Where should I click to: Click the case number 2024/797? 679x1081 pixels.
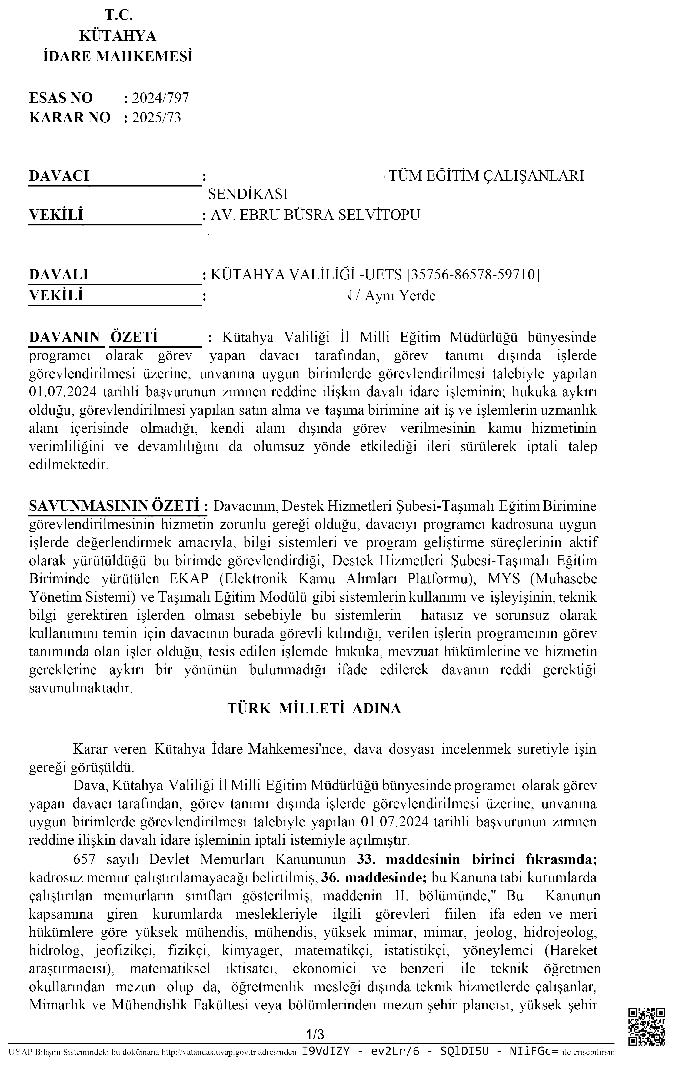click(x=160, y=98)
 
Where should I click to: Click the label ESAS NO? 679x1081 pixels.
click(x=61, y=98)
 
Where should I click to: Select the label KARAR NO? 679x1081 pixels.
click(x=70, y=118)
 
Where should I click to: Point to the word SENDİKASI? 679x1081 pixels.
click(x=248, y=194)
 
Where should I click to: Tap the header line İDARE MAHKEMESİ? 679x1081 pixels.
click(x=118, y=56)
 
